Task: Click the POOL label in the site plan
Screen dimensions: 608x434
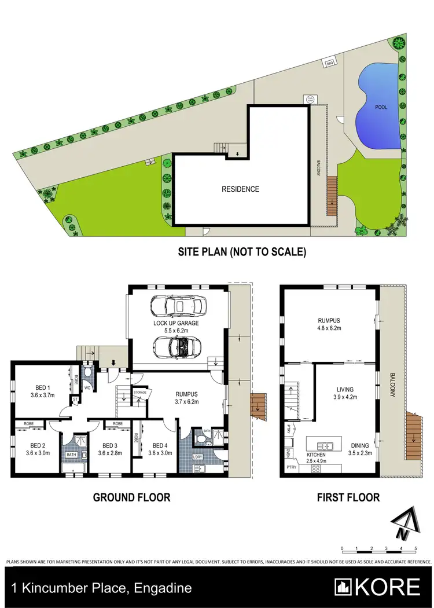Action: pyautogui.click(x=381, y=107)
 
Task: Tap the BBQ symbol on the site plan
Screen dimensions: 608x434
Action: pyautogui.click(x=330, y=61)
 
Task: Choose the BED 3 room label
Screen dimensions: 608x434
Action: pyautogui.click(x=109, y=445)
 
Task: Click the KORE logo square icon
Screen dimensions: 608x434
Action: pyautogui.click(x=343, y=587)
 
